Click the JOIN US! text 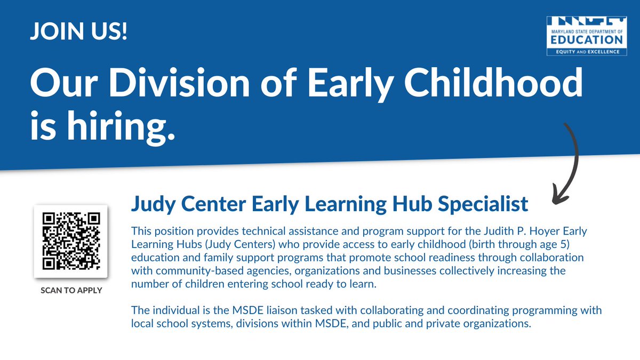click(78, 34)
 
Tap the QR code click(71, 241)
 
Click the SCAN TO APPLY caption click(71, 291)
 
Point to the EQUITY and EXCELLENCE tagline click(586, 52)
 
